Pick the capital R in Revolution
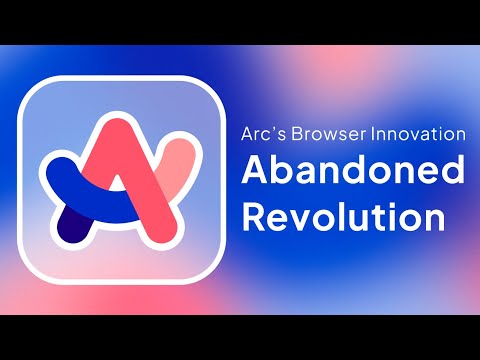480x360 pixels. pos(254,216)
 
